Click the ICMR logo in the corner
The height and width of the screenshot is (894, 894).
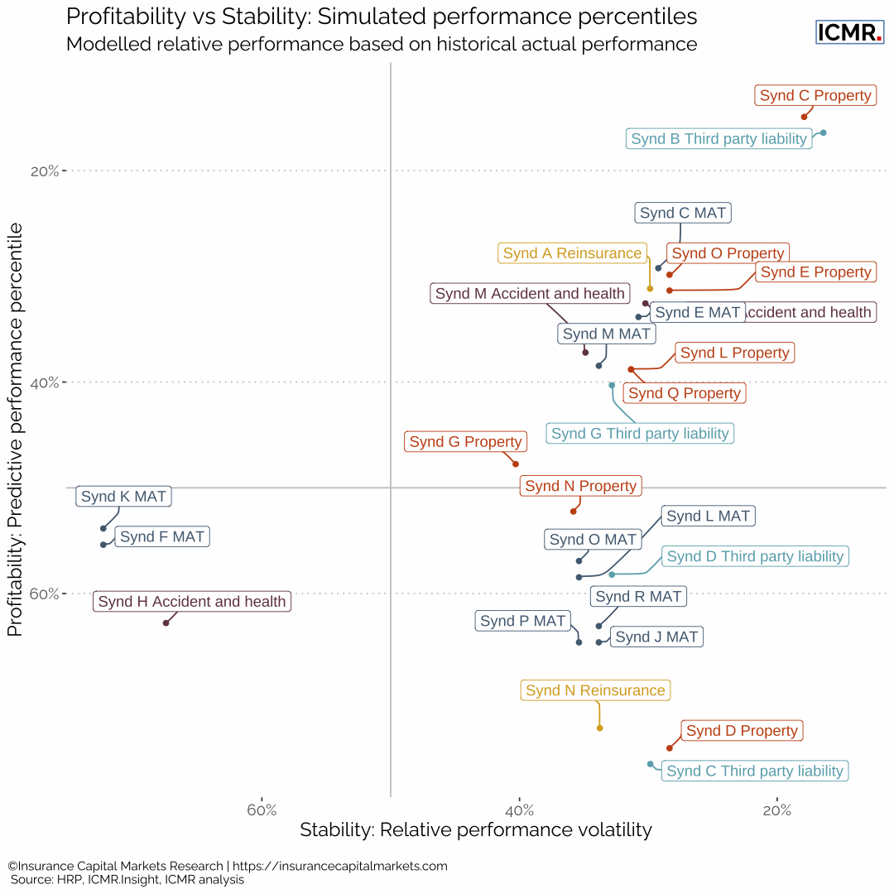(850, 32)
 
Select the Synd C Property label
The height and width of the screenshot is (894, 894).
(815, 96)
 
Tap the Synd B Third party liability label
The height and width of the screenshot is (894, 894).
(719, 139)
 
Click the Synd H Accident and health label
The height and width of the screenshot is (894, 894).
(192, 602)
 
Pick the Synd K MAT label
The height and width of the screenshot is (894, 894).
(123, 497)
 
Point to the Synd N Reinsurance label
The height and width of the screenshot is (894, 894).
(595, 690)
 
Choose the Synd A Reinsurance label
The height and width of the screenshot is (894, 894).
(572, 253)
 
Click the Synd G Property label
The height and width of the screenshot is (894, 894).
(465, 442)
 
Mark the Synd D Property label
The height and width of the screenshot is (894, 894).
(742, 731)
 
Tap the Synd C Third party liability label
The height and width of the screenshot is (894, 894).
(755, 771)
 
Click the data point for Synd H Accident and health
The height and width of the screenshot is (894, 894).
(166, 622)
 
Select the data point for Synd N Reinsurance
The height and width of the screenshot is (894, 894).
(599, 728)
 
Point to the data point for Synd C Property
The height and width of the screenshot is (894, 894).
(804, 117)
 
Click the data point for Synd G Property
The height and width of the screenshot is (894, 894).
(515, 464)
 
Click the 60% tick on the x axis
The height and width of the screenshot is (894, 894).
(262, 809)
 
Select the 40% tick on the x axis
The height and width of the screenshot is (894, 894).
(519, 809)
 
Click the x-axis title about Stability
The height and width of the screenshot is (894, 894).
(476, 829)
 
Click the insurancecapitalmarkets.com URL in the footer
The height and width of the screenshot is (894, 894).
(340, 866)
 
